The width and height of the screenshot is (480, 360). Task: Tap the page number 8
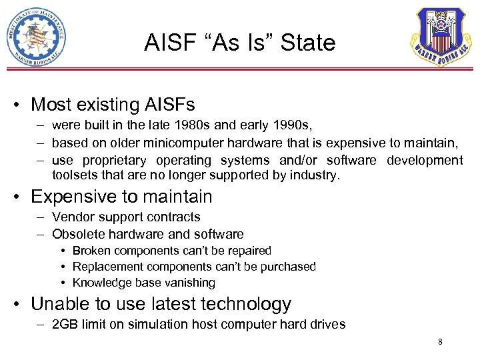[x=440, y=342]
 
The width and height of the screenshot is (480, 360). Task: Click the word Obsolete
[x=75, y=234]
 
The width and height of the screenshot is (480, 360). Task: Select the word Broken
[x=91, y=251]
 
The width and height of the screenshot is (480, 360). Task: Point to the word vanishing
[x=191, y=283]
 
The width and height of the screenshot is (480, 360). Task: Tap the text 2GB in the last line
[x=65, y=325]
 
